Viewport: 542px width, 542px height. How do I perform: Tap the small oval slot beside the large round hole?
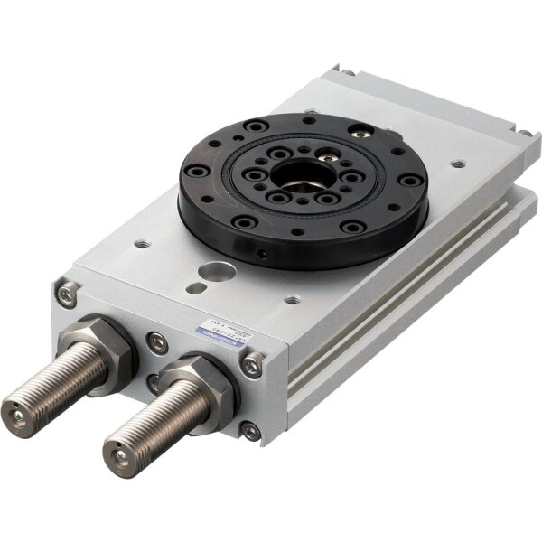195,288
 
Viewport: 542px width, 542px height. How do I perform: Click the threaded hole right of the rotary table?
458,164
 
